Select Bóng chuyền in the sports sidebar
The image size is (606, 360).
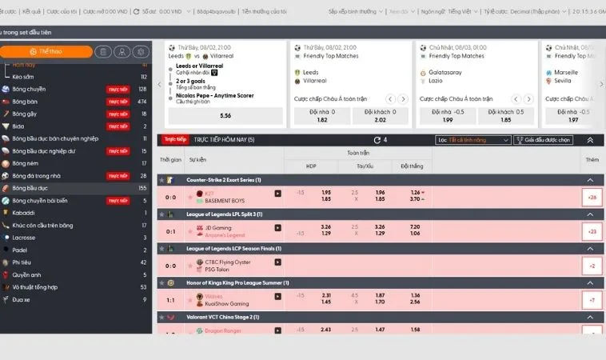(x=30, y=89)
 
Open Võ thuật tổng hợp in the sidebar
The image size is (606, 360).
(x=36, y=286)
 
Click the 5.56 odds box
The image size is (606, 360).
(x=225, y=115)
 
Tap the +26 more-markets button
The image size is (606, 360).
(x=592, y=197)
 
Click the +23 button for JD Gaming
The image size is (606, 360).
(x=592, y=232)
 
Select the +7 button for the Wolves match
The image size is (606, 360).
(x=592, y=300)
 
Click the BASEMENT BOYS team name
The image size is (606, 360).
(x=225, y=200)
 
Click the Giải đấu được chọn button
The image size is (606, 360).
(x=544, y=139)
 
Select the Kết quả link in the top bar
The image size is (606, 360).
(x=32, y=12)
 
